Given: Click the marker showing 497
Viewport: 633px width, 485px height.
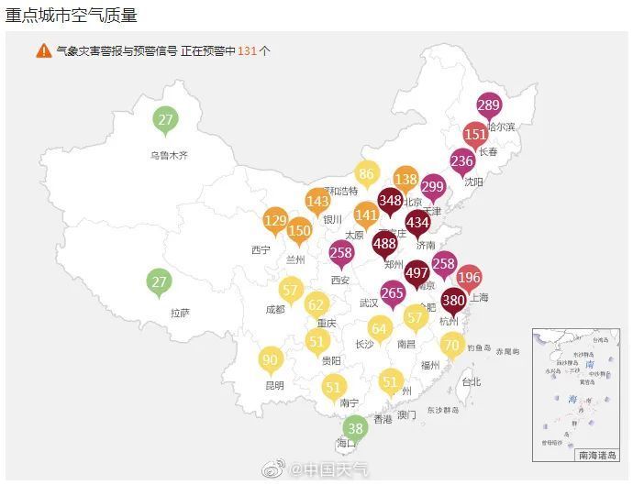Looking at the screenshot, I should (417, 273).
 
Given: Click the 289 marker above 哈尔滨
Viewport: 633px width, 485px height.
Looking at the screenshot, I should (489, 105).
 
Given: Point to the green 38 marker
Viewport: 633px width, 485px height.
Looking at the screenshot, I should (356, 427).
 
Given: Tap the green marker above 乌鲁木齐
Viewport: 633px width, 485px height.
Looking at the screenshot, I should (165, 120).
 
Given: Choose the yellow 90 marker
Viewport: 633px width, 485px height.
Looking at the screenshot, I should (270, 360).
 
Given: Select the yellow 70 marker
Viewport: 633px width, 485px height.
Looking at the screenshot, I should (451, 346).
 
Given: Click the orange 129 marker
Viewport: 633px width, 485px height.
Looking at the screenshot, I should (275, 220).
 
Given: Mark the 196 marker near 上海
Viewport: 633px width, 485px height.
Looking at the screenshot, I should (469, 278).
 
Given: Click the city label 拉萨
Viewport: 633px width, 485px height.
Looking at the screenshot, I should (180, 314).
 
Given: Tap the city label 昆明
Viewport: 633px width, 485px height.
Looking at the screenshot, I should (273, 385).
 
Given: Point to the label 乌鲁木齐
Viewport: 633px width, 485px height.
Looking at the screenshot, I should (169, 156).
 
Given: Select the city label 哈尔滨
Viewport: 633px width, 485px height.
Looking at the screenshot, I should (501, 127).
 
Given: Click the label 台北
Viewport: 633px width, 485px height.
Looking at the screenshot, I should (471, 381).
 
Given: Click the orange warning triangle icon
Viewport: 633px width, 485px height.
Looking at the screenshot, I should (44, 50).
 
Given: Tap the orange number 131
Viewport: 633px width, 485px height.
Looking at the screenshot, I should (247, 51).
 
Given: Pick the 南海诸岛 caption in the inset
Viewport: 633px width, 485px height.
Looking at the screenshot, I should (597, 454).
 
